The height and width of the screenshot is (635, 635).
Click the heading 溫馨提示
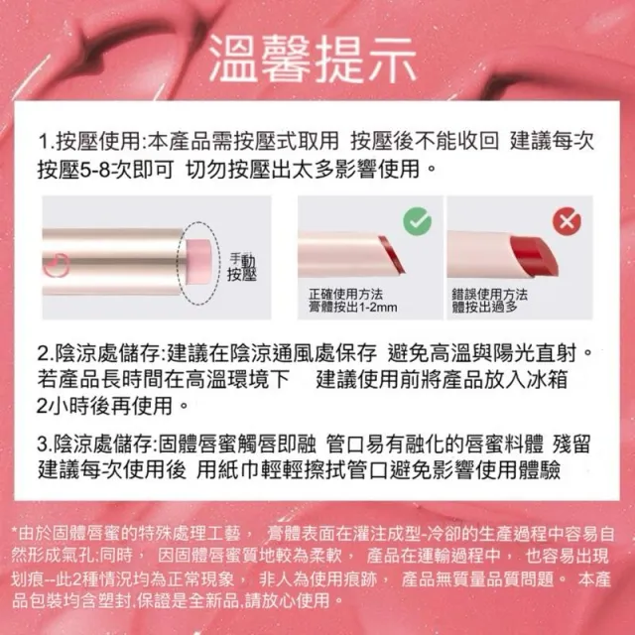click(314, 60)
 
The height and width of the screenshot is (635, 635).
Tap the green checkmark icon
click(417, 220)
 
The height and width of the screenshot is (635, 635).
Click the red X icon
click(567, 221)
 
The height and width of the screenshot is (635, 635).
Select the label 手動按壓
click(242, 268)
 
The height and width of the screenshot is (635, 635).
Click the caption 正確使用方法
click(345, 295)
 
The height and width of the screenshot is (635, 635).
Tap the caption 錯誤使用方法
click(490, 295)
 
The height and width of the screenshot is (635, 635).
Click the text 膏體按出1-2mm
click(353, 308)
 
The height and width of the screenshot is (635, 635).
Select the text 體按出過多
click(485, 308)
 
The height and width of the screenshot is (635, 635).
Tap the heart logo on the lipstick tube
click(57, 265)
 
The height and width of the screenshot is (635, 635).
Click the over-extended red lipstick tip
click(534, 256)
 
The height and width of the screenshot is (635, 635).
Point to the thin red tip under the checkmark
click(390, 254)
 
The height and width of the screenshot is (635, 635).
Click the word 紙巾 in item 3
click(238, 469)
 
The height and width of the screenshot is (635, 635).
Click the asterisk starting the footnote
click(15, 531)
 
